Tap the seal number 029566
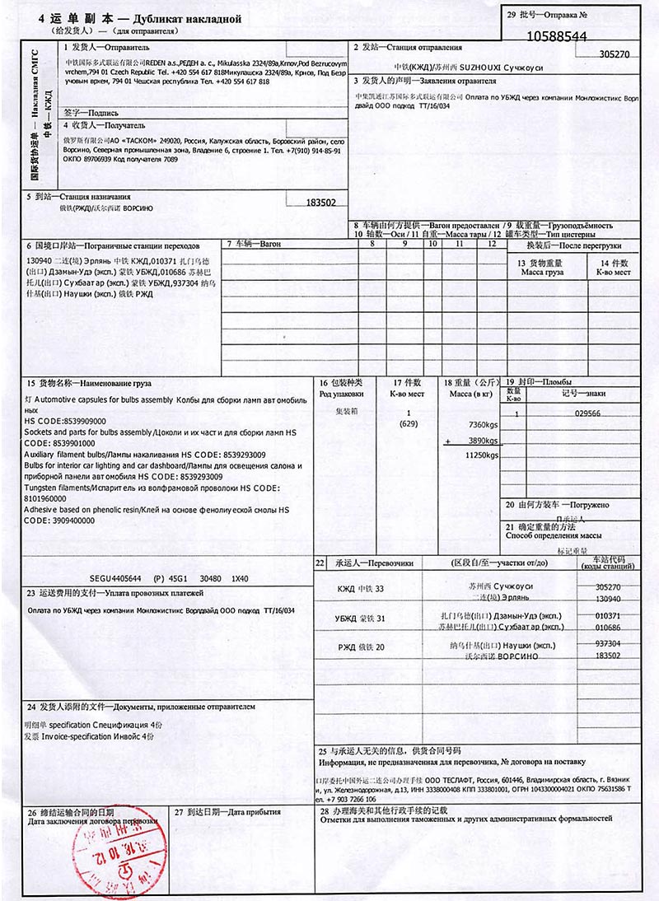587,413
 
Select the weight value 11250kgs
483,455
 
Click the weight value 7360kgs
483,423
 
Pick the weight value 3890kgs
483,441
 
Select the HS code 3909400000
54,521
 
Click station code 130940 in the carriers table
607,599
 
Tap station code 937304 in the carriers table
607,643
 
